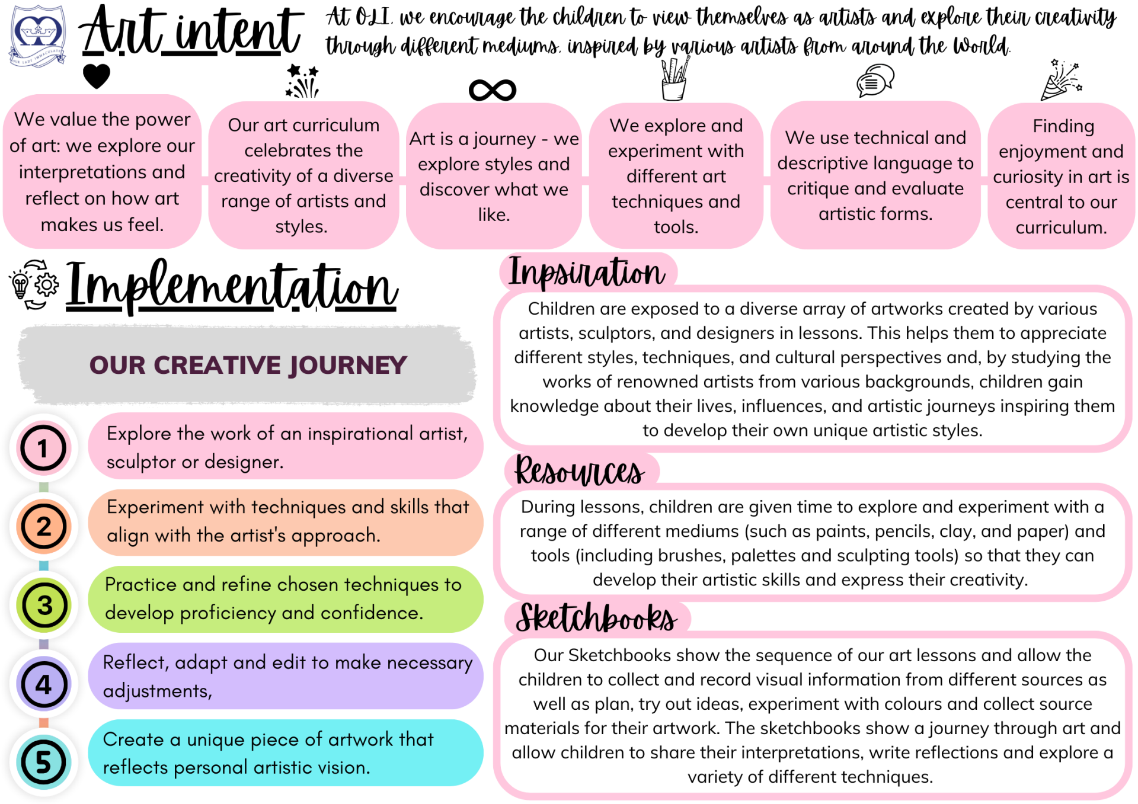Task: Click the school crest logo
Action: click(x=37, y=36)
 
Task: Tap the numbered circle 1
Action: click(x=43, y=449)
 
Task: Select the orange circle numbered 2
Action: click(x=43, y=526)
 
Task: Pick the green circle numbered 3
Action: click(x=44, y=605)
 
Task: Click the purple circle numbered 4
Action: click(x=43, y=684)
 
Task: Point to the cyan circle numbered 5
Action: click(x=43, y=762)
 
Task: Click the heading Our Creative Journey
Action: click(x=248, y=365)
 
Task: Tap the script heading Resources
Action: click(x=579, y=472)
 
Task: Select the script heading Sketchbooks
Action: click(x=596, y=619)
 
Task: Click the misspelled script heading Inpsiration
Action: click(x=586, y=273)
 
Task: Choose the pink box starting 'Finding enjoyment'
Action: click(x=1061, y=176)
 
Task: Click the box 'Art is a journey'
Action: click(x=494, y=176)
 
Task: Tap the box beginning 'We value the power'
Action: click(x=102, y=172)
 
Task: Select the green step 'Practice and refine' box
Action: click(x=285, y=598)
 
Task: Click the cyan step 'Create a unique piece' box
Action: click(x=285, y=753)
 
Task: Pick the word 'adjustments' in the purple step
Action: click(x=156, y=691)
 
